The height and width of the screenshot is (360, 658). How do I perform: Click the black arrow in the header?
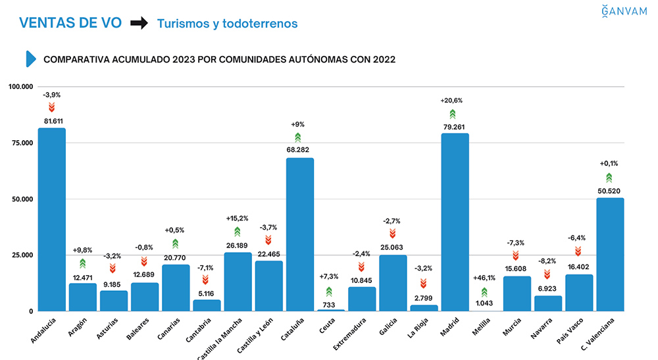[x=139, y=24]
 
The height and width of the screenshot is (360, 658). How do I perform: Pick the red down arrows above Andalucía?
[x=51, y=107]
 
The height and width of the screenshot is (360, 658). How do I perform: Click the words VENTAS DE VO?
[x=70, y=23]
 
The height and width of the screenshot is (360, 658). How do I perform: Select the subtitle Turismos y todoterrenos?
[x=227, y=24]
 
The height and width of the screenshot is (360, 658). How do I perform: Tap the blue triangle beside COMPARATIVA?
[x=30, y=59]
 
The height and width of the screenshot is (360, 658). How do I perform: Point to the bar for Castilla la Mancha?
[x=238, y=281]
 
